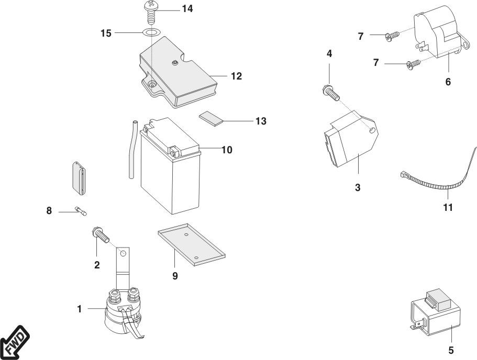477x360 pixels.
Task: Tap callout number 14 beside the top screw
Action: click(x=187, y=9)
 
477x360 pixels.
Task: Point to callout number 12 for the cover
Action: click(x=236, y=76)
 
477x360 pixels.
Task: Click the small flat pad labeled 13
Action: click(x=210, y=118)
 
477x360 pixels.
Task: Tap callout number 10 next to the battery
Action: click(x=226, y=150)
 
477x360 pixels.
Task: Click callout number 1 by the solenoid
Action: click(x=80, y=309)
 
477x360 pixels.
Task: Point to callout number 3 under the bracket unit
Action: click(x=358, y=187)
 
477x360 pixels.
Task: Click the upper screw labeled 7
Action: click(x=391, y=36)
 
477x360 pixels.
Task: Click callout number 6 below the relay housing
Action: click(x=448, y=82)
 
